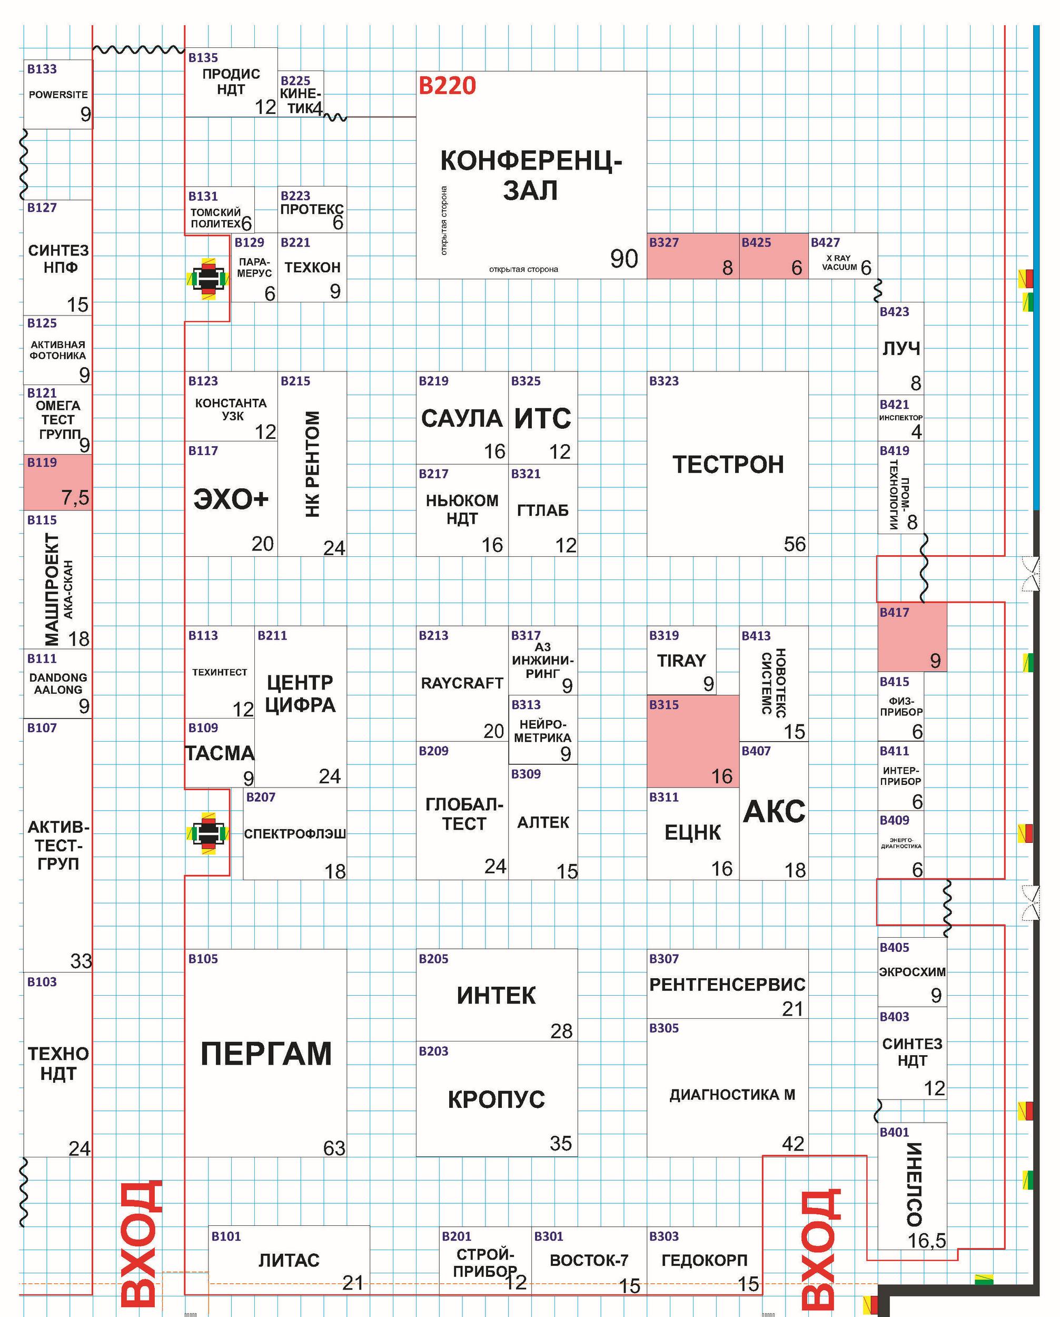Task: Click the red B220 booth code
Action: pyautogui.click(x=447, y=86)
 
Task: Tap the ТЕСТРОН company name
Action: pyautogui.click(x=728, y=464)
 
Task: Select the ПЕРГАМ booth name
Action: pyautogui.click(x=266, y=1054)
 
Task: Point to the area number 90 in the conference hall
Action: pyautogui.click(x=624, y=259)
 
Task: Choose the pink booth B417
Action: pyautogui.click(x=912, y=636)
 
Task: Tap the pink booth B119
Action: pyautogui.click(x=58, y=482)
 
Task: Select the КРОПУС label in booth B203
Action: pyautogui.click(x=496, y=1099)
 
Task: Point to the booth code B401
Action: pyautogui.click(x=895, y=1132)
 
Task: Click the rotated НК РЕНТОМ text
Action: pyautogui.click(x=312, y=464)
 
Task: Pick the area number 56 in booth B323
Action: pyautogui.click(x=795, y=544)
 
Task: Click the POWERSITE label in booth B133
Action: pyautogui.click(x=58, y=95)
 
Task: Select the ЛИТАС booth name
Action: pyautogui.click(x=289, y=1260)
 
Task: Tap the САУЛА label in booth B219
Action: pyautogui.click(x=462, y=418)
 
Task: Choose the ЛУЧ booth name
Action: pyautogui.click(x=900, y=348)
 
